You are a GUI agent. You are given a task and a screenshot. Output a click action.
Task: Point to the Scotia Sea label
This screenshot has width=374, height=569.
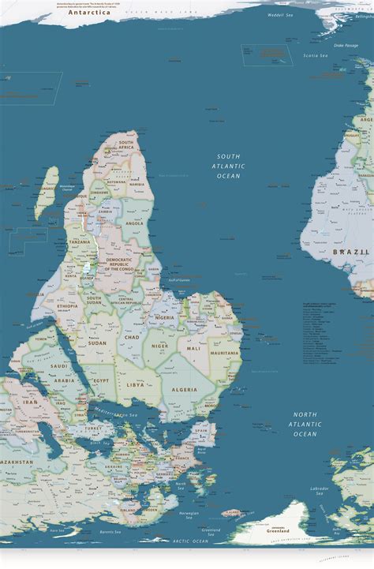tap(316, 55)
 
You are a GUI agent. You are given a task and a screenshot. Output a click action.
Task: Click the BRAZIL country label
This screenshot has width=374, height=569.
tap(351, 252)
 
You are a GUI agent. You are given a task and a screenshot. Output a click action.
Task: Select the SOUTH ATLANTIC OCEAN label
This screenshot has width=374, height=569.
tap(229, 166)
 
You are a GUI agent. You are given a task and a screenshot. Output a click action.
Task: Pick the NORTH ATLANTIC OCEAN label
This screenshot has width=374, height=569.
tap(305, 424)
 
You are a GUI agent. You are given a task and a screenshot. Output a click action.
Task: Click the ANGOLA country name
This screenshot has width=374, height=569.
tap(134, 223)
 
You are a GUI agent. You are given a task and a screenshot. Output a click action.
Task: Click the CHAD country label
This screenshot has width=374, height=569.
tap(132, 338)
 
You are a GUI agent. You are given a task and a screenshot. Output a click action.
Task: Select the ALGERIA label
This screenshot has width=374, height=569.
tap(184, 390)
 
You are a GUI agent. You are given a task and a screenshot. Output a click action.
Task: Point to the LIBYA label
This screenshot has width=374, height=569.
tap(136, 384)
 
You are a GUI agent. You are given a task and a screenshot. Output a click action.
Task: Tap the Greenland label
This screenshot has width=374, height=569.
tap(276, 530)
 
